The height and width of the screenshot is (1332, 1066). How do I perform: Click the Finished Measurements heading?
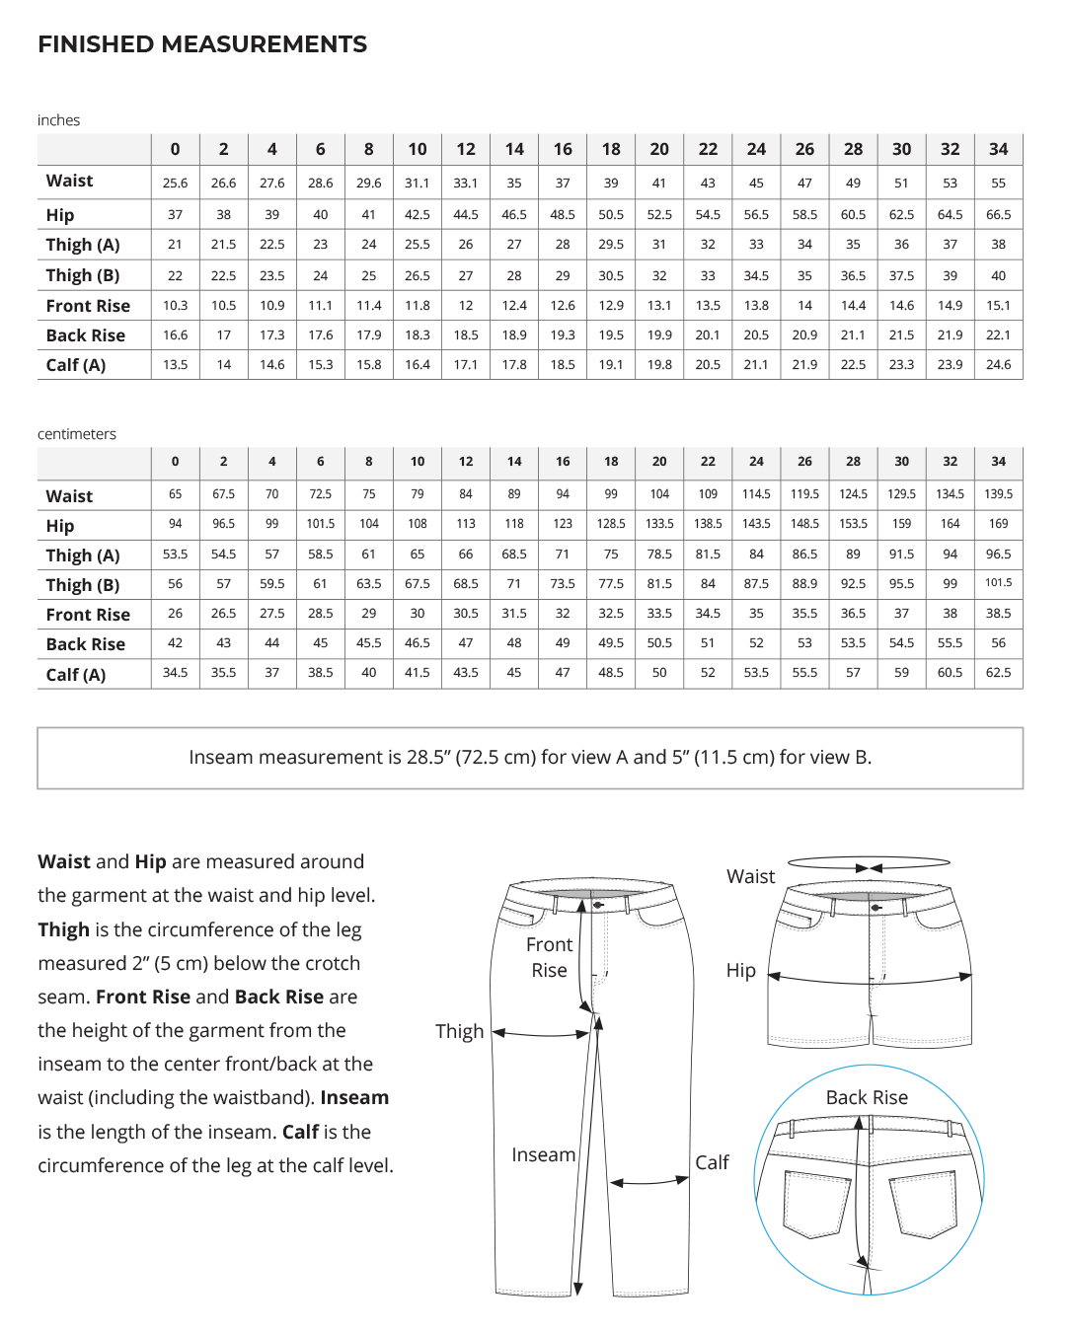click(202, 44)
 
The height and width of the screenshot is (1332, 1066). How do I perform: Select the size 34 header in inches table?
click(998, 149)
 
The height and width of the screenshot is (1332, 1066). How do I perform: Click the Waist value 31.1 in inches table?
click(418, 183)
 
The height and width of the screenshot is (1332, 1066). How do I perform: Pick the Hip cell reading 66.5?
click(998, 214)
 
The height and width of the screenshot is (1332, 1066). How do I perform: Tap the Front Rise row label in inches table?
click(88, 306)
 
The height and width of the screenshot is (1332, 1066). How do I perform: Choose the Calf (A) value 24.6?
click(998, 364)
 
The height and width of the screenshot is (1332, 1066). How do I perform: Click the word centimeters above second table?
click(77, 434)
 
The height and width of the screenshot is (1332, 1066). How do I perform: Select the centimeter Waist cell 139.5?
click(998, 493)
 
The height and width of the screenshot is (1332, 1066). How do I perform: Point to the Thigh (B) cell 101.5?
click(998, 583)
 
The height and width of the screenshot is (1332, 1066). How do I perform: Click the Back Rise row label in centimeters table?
click(86, 644)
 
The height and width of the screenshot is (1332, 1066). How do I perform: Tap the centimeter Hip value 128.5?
click(611, 524)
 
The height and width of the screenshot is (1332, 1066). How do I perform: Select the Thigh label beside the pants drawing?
click(460, 1031)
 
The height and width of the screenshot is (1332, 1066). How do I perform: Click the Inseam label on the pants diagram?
click(543, 1154)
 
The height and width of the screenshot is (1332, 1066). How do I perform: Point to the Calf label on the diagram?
click(712, 1162)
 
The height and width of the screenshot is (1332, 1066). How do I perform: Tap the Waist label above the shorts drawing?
click(751, 876)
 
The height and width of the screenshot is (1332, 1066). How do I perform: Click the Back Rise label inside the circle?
click(867, 1097)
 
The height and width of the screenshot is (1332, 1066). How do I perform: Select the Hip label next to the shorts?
click(741, 970)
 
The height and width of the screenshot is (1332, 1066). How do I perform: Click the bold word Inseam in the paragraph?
click(353, 1097)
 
